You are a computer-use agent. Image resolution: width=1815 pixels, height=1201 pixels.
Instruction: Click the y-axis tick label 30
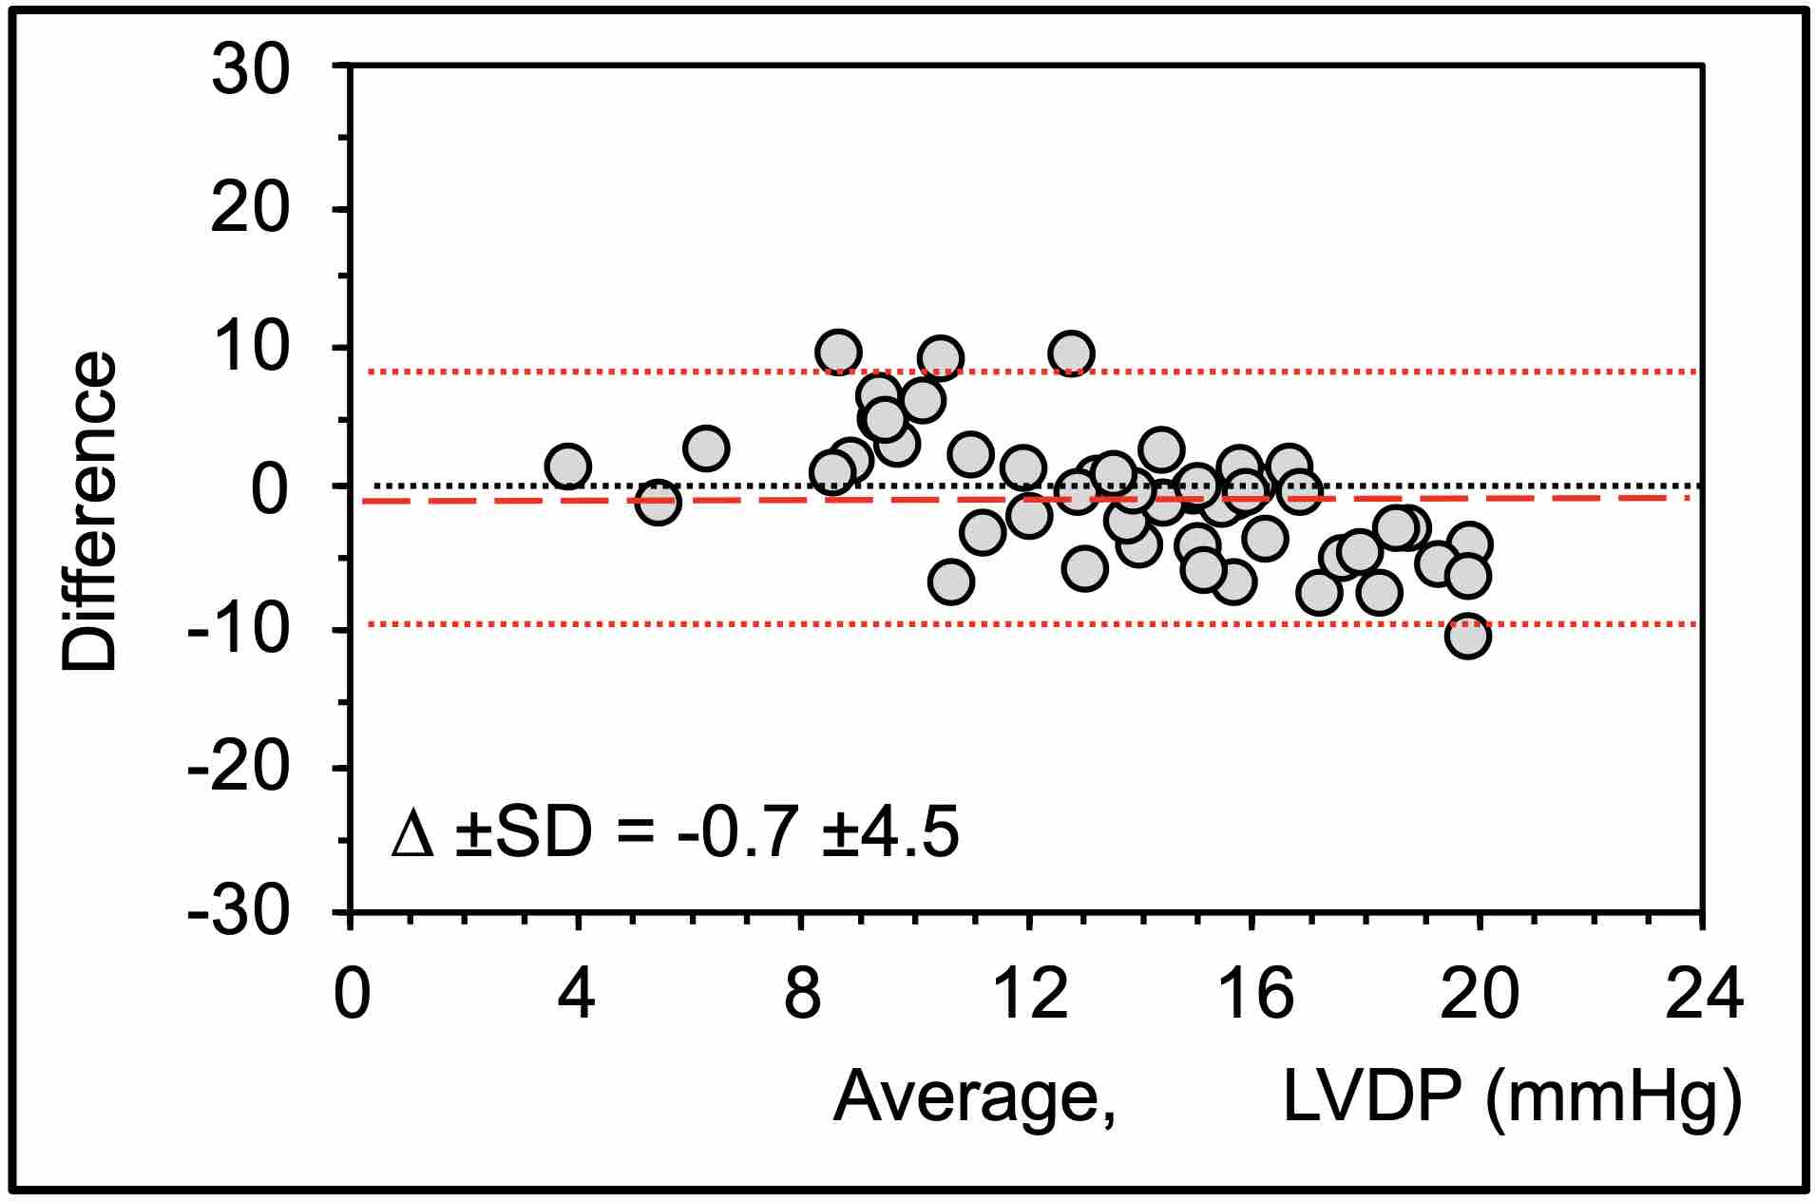(249, 72)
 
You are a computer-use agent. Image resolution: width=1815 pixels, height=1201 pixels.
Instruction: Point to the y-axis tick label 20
(249, 211)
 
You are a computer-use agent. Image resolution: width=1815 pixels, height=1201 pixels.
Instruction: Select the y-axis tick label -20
(238, 769)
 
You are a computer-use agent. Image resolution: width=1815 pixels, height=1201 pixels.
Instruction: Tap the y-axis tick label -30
(238, 909)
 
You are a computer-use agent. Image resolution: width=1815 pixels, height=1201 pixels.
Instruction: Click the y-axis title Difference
(89, 513)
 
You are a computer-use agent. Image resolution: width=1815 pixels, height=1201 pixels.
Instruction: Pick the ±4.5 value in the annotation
(889, 833)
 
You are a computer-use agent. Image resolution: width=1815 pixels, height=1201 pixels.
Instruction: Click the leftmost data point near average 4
(567, 467)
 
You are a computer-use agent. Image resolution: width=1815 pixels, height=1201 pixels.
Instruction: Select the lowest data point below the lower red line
(1467, 636)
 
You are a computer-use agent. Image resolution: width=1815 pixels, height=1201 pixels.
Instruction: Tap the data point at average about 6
(705, 448)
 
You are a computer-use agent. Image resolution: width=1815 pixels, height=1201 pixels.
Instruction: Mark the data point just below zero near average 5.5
(658, 503)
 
